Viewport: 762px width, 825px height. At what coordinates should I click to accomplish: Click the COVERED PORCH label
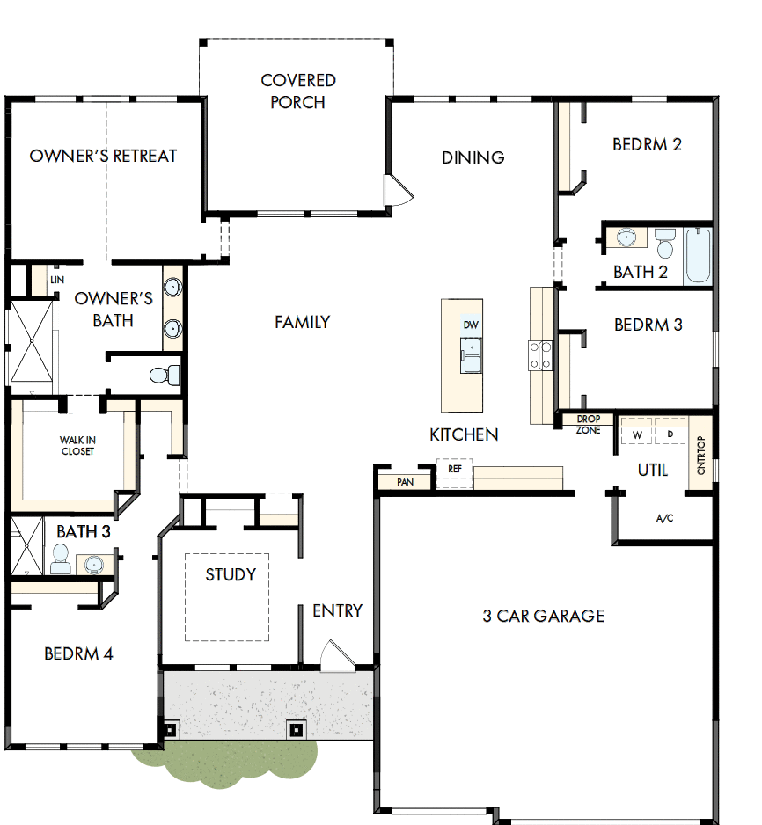click(x=298, y=91)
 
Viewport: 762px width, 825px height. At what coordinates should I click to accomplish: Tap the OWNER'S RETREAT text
click(x=103, y=156)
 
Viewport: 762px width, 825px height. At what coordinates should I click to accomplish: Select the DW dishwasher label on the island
click(x=472, y=325)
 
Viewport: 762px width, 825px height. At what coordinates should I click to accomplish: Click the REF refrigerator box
click(x=455, y=471)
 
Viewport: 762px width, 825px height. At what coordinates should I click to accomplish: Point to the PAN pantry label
click(x=405, y=482)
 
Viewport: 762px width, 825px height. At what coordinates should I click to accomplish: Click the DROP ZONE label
click(x=588, y=425)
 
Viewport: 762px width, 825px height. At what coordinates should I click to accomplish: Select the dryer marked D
click(x=670, y=434)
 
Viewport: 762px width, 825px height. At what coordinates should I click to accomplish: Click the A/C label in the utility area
click(x=665, y=518)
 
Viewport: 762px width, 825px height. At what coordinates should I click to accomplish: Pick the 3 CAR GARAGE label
click(x=543, y=616)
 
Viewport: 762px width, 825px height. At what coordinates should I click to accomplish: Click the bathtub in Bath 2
click(x=698, y=255)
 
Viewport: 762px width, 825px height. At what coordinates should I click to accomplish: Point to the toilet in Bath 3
click(x=61, y=559)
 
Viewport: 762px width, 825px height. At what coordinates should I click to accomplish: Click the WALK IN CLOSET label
click(x=77, y=445)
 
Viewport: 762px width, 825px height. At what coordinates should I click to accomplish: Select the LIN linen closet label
click(x=57, y=280)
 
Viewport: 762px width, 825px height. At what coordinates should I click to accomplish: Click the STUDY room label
click(x=231, y=574)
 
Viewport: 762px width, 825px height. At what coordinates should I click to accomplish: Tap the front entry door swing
click(x=335, y=656)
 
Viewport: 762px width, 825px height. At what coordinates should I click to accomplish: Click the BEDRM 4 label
click(x=78, y=653)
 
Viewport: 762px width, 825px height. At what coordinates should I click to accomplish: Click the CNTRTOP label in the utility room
click(x=701, y=456)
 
